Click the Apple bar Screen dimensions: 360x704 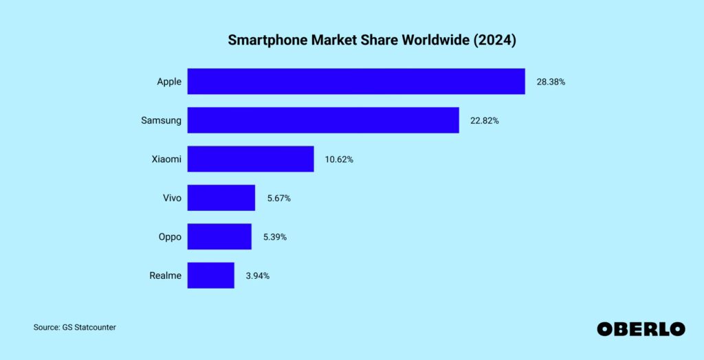[x=356, y=81]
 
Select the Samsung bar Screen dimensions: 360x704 [x=323, y=120]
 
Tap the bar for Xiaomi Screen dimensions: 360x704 [x=250, y=159]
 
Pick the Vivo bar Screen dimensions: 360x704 [x=221, y=198]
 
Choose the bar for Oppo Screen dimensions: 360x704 [x=219, y=236]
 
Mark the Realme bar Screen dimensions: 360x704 [x=210, y=275]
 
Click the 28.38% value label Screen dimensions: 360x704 [x=551, y=82]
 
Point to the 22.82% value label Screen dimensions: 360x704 [x=485, y=120]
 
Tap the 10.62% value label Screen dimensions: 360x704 [x=339, y=159]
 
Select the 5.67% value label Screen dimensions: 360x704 [x=278, y=198]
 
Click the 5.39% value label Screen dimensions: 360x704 [x=274, y=237]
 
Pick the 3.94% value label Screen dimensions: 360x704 [x=257, y=275]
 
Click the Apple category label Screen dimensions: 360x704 [x=169, y=82]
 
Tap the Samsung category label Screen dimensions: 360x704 [x=162, y=120]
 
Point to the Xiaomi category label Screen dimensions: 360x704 [x=166, y=159]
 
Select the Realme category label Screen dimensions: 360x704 [x=166, y=275]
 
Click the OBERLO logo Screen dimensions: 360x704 [x=641, y=329]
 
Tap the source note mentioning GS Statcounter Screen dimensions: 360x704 [x=74, y=328]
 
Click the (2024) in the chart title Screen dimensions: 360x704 [x=494, y=41]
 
